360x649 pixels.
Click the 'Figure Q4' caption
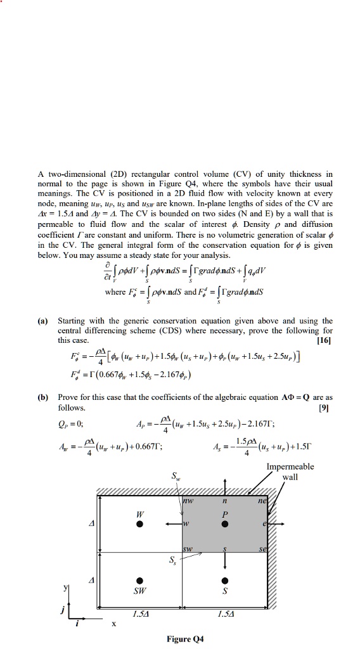(184, 639)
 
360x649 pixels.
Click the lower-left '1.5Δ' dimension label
(141, 613)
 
